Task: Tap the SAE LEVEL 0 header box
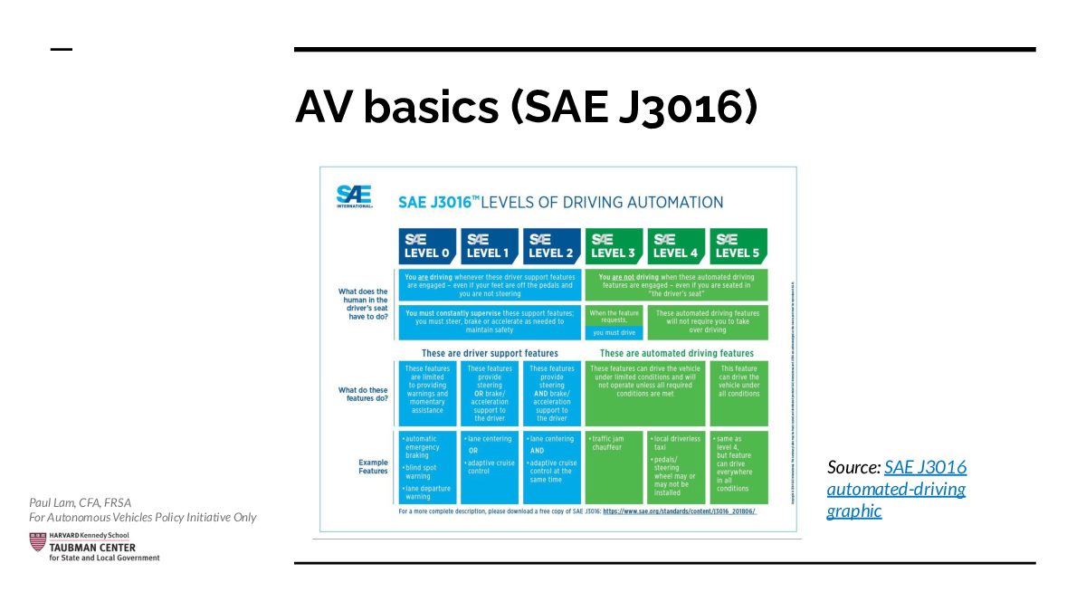(x=427, y=245)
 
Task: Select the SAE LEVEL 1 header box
(x=489, y=245)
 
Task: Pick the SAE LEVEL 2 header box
(x=551, y=245)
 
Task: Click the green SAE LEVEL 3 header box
(x=614, y=245)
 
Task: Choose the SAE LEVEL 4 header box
(x=676, y=245)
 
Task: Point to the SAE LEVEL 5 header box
(x=738, y=245)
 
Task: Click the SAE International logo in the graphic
(x=353, y=196)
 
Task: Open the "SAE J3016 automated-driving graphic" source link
(x=896, y=489)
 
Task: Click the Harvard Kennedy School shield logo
(x=38, y=542)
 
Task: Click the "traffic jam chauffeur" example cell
(x=614, y=466)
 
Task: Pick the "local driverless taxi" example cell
(x=676, y=466)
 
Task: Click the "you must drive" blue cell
(x=614, y=332)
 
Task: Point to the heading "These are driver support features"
(x=490, y=353)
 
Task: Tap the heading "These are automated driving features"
(x=676, y=353)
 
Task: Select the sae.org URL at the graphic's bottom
(x=679, y=511)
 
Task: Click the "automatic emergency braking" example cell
(x=427, y=466)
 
